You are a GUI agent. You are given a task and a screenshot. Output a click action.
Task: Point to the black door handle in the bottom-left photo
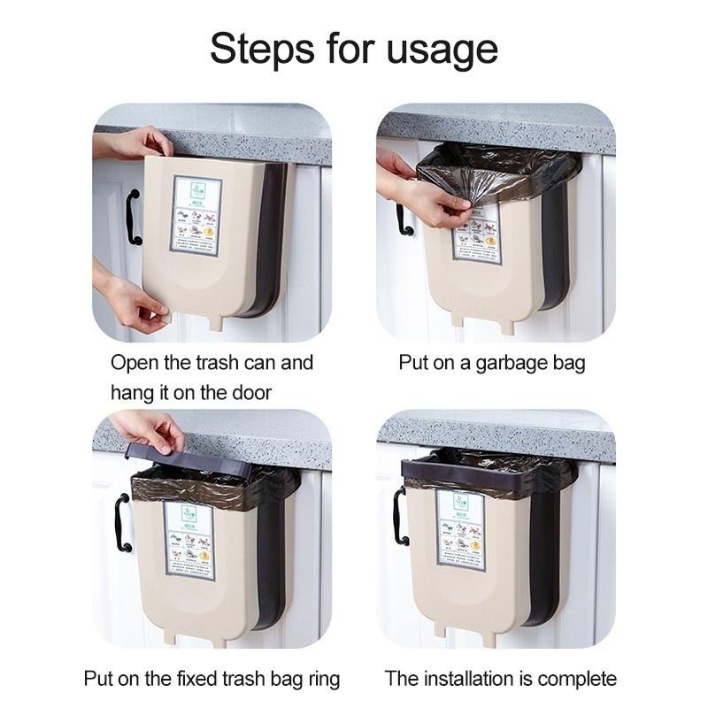coord(121,523)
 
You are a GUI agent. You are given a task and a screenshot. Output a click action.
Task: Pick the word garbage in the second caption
coord(499,363)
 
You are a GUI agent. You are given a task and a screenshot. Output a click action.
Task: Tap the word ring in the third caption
coord(321,679)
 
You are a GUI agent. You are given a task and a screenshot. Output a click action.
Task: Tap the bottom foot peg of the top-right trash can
coord(506,325)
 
